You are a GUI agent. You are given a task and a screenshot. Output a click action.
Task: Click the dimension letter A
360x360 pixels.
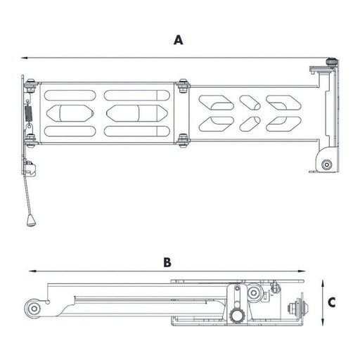[179, 40]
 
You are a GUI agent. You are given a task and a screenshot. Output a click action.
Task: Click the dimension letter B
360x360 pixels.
[167, 262]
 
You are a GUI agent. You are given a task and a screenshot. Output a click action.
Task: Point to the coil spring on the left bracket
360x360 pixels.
[29, 112]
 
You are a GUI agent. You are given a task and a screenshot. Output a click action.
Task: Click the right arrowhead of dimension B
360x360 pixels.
[306, 271]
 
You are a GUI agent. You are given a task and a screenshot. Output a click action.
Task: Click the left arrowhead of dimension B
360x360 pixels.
[27, 271]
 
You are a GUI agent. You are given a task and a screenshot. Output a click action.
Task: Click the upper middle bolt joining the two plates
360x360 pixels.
[183, 86]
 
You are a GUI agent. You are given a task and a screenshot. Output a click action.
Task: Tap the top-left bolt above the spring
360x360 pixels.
[30, 87]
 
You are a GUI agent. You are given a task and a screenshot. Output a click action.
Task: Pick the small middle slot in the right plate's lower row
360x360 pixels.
[249, 124]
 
